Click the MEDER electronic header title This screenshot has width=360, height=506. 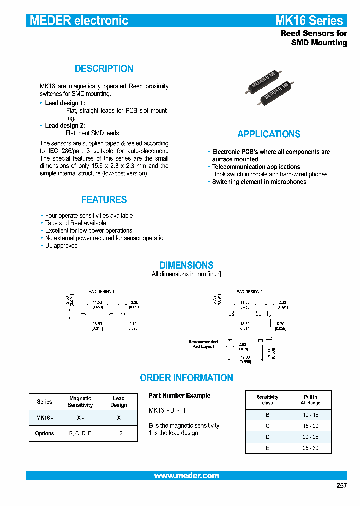[79, 21]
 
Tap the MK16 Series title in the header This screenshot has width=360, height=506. [309, 21]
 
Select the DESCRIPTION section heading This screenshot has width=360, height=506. [104, 69]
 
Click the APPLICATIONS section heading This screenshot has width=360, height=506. [269, 134]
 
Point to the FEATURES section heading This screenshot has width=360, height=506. [104, 200]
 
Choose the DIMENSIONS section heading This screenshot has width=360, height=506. [186, 265]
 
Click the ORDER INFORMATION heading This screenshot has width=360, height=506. [186, 378]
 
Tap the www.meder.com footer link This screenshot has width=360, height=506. [186, 476]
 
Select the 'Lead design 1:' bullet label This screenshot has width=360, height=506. [65, 103]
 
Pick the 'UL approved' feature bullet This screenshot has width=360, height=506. [61, 246]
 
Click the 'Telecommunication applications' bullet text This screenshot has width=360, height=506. [256, 167]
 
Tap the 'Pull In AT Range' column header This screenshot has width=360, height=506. [310, 400]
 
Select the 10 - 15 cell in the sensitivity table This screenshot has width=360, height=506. [310, 415]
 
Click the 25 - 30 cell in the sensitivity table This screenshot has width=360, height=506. [310, 448]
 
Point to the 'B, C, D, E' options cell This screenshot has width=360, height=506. [80, 433]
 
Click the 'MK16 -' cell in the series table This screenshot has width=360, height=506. [44, 417]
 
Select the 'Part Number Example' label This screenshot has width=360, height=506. [179, 395]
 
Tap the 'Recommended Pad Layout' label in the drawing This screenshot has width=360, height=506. [203, 344]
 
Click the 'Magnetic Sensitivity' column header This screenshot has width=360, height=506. [80, 402]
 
